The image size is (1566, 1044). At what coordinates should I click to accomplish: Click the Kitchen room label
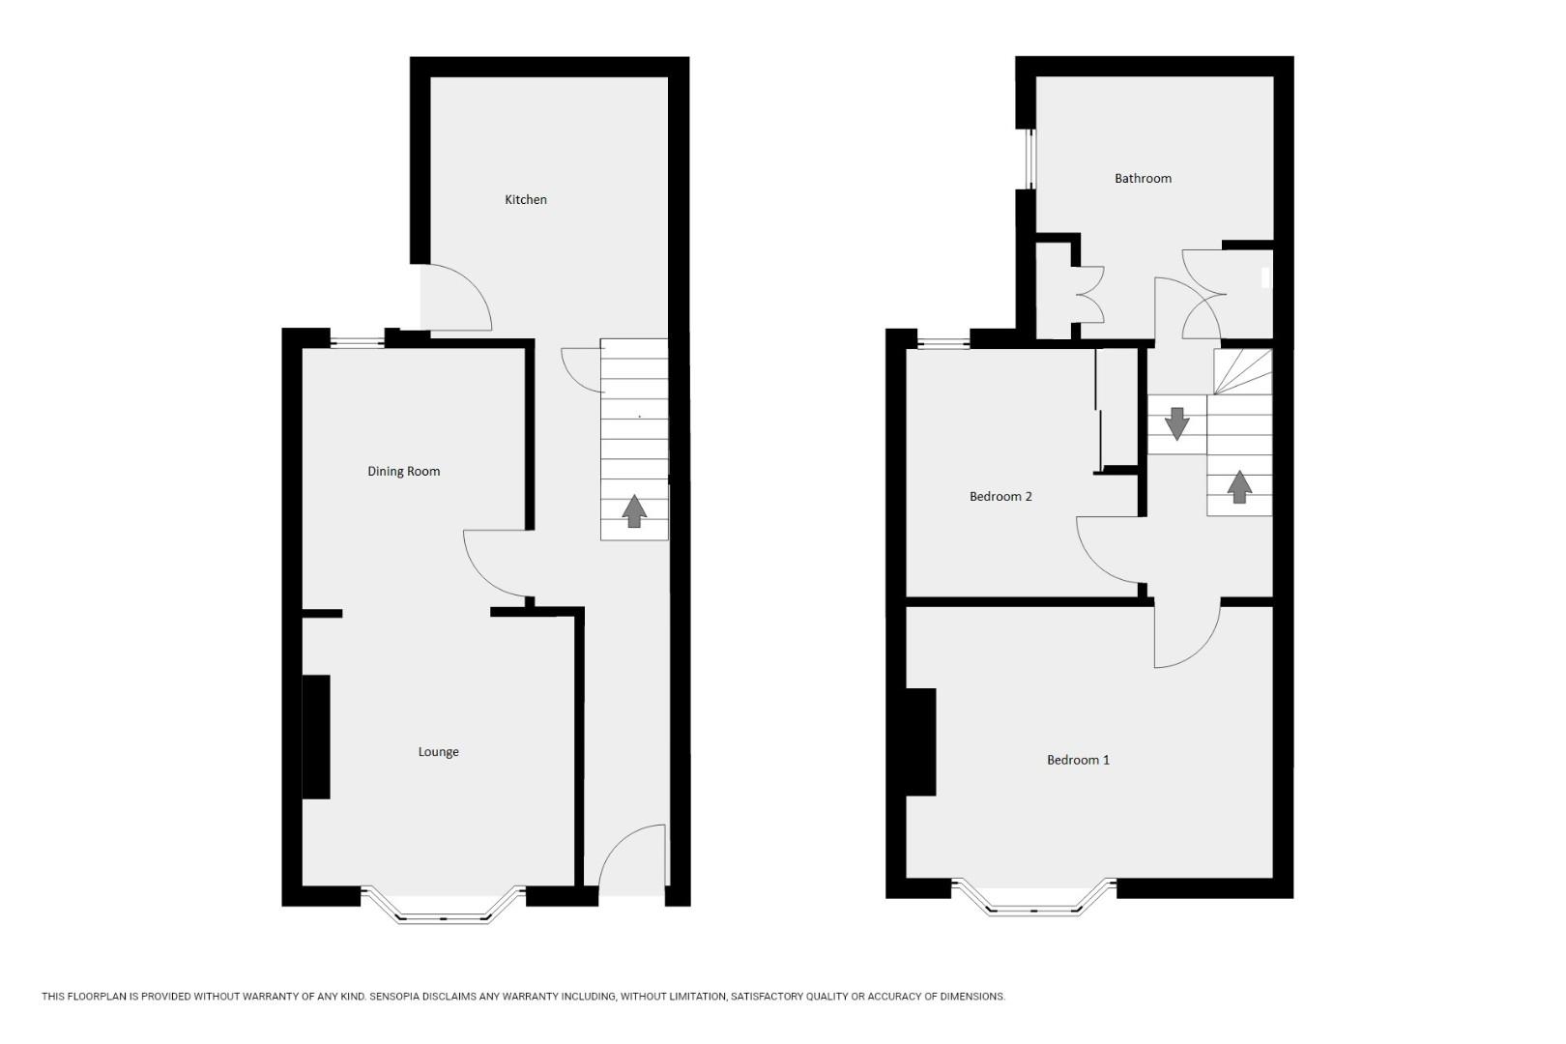tap(526, 200)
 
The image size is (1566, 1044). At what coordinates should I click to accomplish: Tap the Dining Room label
tap(403, 472)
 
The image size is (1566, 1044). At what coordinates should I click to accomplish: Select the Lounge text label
tap(438, 752)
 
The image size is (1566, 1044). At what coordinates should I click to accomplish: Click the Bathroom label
tap(1143, 179)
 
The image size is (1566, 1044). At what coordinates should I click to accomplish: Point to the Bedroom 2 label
tap(1000, 497)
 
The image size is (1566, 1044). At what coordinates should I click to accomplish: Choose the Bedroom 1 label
tap(1078, 760)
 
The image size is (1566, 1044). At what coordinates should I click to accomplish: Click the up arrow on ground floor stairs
tap(634, 511)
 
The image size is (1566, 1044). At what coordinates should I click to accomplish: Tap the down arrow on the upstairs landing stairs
tap(1176, 423)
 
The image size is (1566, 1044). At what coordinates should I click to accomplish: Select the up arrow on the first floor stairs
tap(1238, 486)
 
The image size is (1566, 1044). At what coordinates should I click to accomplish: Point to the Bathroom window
tap(1030, 159)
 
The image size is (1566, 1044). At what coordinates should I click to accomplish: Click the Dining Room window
tap(357, 339)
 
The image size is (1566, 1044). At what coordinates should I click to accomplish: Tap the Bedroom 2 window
tap(942, 340)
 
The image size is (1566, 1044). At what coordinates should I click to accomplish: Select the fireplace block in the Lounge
tap(316, 737)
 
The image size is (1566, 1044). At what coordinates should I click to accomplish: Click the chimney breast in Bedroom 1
tap(920, 741)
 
